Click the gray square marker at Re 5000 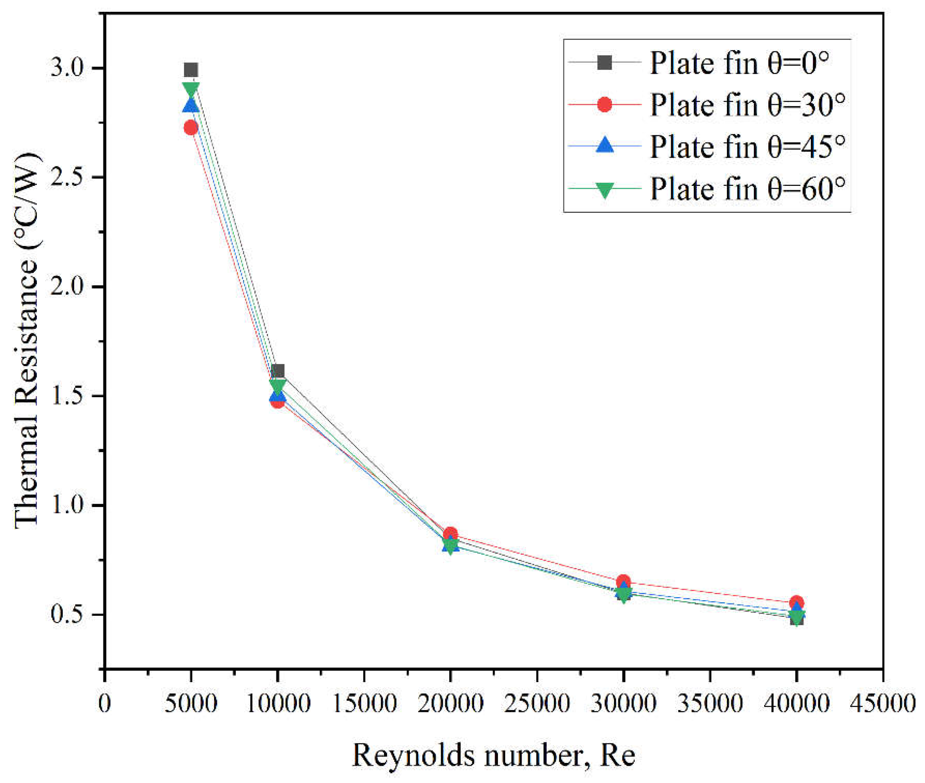click(191, 70)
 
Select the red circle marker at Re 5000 click(191, 128)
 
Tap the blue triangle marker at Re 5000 click(191, 106)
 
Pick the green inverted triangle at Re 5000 click(191, 89)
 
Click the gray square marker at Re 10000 click(278, 371)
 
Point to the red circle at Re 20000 click(450, 534)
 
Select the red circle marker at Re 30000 click(624, 581)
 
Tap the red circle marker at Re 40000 click(796, 602)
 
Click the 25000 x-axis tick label click(537, 703)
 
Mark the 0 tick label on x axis click(104, 703)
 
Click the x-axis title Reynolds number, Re click(493, 754)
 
